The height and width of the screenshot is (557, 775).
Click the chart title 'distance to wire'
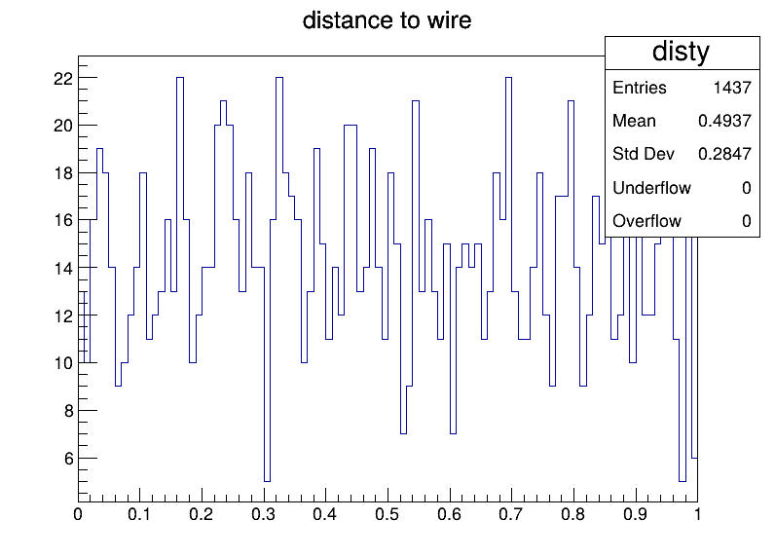click(387, 20)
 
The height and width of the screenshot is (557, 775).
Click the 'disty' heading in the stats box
click(681, 52)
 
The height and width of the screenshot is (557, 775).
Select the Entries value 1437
click(732, 88)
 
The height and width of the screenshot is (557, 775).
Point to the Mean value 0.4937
click(724, 121)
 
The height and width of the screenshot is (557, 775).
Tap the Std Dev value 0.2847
click(724, 154)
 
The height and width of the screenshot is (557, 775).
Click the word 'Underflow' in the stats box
click(651, 188)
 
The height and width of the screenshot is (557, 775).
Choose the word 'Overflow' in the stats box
click(646, 221)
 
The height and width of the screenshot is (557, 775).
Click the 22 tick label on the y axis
click(63, 79)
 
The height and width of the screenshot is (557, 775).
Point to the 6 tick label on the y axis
click(69, 459)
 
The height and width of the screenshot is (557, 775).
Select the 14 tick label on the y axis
click(63, 269)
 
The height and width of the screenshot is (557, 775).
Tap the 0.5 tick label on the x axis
click(387, 514)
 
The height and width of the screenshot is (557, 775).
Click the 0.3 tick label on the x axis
click(263, 514)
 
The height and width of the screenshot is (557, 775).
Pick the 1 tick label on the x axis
click(697, 514)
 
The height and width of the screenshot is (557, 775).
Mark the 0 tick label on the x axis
click(78, 514)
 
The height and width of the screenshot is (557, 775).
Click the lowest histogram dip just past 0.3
click(267, 481)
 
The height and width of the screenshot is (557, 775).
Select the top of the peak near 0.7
click(508, 78)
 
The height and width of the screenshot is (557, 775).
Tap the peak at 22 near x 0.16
click(180, 78)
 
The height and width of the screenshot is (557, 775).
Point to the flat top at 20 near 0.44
click(351, 126)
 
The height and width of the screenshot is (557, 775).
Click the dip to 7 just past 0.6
click(453, 433)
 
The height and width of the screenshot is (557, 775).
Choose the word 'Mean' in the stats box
click(634, 121)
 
